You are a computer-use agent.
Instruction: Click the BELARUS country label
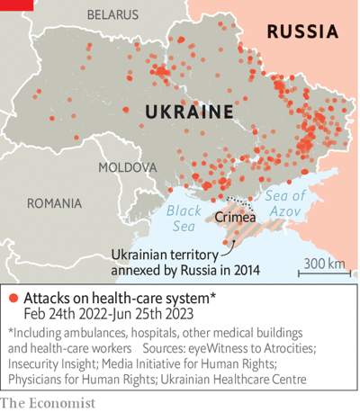pyautogui.click(x=112, y=15)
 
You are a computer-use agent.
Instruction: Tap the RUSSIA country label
pyautogui.click(x=302, y=32)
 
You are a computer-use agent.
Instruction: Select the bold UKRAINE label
pyautogui.click(x=189, y=112)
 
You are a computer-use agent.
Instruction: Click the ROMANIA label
pyautogui.click(x=58, y=203)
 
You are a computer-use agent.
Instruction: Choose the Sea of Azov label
pyautogui.click(x=286, y=203)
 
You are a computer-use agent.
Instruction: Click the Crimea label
pyautogui.click(x=235, y=217)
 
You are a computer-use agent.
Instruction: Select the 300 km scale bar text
pyautogui.click(x=324, y=263)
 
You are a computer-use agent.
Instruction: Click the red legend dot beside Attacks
pyautogui.click(x=13, y=298)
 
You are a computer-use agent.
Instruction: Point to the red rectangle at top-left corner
pyautogui.click(x=16, y=4)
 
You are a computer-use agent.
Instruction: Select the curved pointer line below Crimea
pyautogui.click(x=227, y=241)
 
